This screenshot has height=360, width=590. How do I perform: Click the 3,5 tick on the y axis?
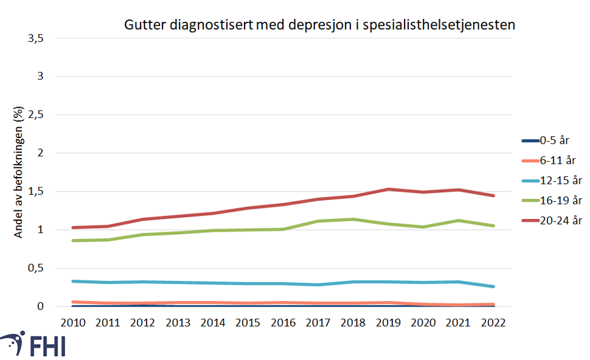tap(36, 38)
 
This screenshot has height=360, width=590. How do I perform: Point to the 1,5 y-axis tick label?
tap(36, 192)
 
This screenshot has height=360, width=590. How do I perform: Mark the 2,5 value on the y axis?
tap(36, 115)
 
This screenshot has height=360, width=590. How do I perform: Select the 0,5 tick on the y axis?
tap(36, 268)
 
